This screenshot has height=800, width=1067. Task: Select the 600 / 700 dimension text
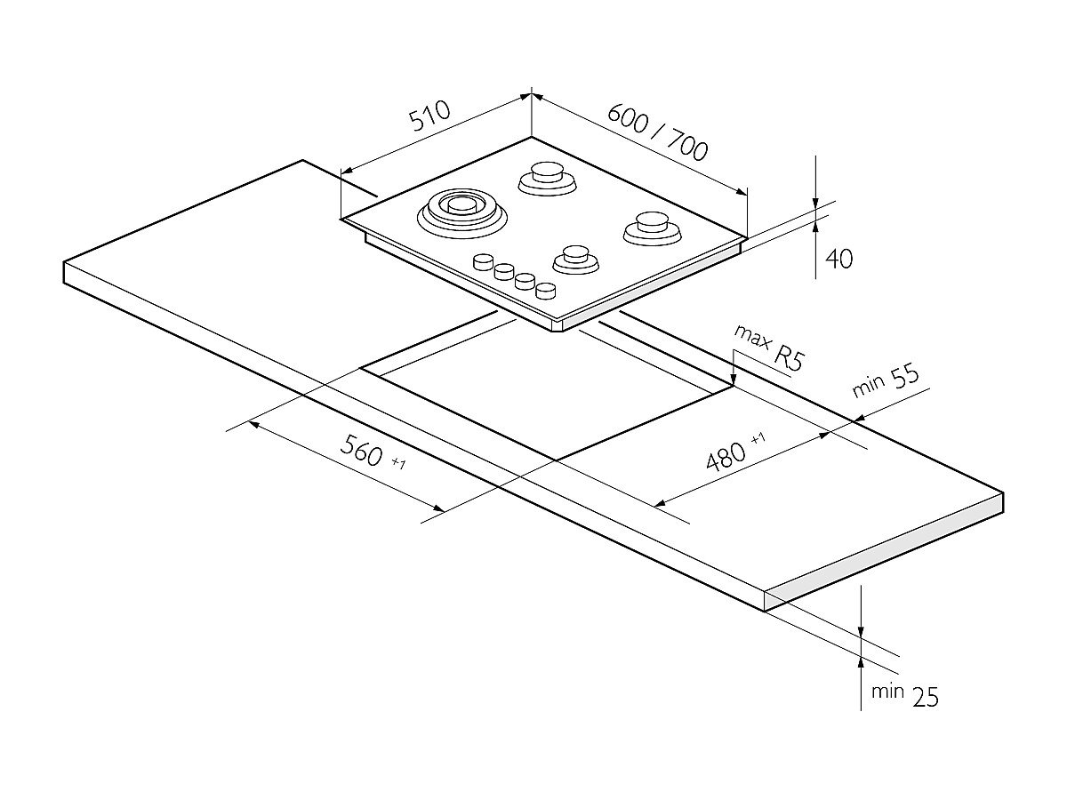(658, 134)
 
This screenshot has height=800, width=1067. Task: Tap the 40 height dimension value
(839, 259)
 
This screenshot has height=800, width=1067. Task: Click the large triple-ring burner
(461, 212)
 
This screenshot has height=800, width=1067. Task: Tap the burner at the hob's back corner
(544, 177)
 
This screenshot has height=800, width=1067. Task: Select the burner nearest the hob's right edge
(652, 227)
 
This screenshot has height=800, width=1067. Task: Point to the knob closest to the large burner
(484, 261)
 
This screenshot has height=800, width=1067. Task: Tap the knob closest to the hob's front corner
(545, 289)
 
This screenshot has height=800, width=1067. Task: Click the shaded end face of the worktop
(885, 552)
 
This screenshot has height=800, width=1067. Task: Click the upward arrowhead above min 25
(862, 662)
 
